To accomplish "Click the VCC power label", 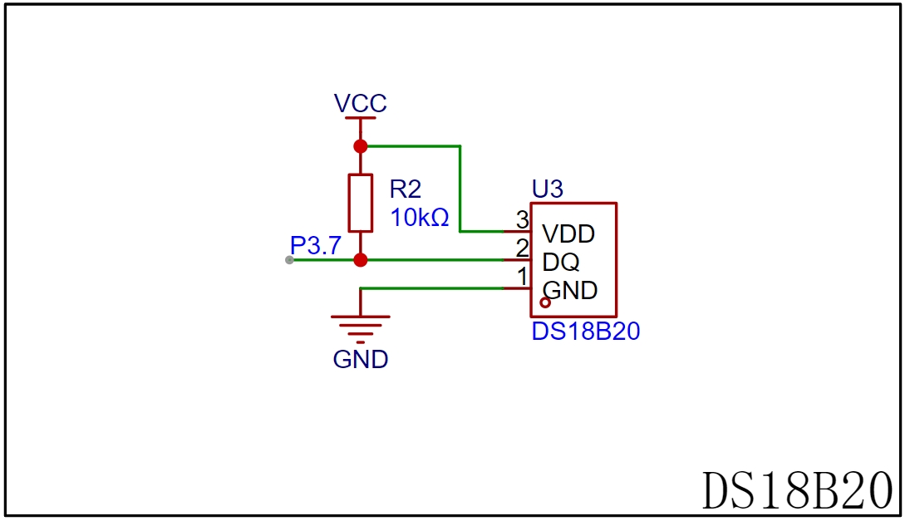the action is click(x=360, y=103).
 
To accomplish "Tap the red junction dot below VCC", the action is click(x=360, y=146).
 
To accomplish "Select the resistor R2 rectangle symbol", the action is click(x=360, y=203).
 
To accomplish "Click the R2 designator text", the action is click(x=406, y=189).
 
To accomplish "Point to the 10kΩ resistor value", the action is click(x=420, y=218).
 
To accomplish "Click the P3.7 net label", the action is click(x=316, y=245).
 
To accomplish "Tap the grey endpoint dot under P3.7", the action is click(x=289, y=260).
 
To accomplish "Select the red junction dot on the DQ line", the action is click(x=360, y=260).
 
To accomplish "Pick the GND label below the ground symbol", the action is click(x=360, y=360).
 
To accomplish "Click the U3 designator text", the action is click(x=547, y=189).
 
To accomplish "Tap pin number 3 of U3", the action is click(x=523, y=220).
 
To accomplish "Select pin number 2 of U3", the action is click(x=523, y=248).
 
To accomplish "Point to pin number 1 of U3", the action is click(x=523, y=277).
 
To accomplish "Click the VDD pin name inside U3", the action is click(x=568, y=233).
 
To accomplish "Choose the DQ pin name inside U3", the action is click(x=560, y=262).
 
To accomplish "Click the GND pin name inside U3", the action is click(x=569, y=290).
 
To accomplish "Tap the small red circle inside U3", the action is click(x=545, y=302).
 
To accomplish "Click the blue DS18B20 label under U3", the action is click(x=585, y=332).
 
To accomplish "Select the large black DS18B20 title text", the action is click(x=797, y=490).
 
